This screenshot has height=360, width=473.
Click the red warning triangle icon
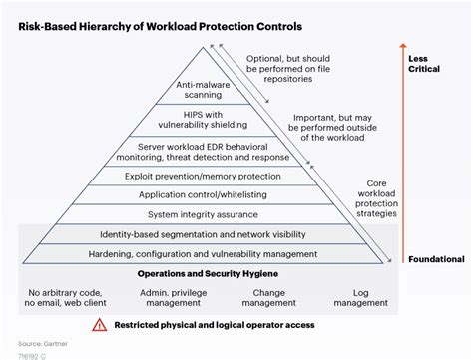point(99,324)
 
